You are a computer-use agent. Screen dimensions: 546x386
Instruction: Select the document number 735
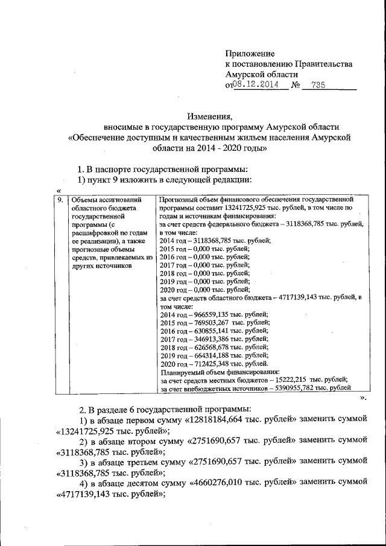[318, 85]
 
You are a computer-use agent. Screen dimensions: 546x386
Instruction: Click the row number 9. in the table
[60, 198]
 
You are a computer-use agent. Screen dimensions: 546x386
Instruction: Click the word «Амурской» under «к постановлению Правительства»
[245, 74]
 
